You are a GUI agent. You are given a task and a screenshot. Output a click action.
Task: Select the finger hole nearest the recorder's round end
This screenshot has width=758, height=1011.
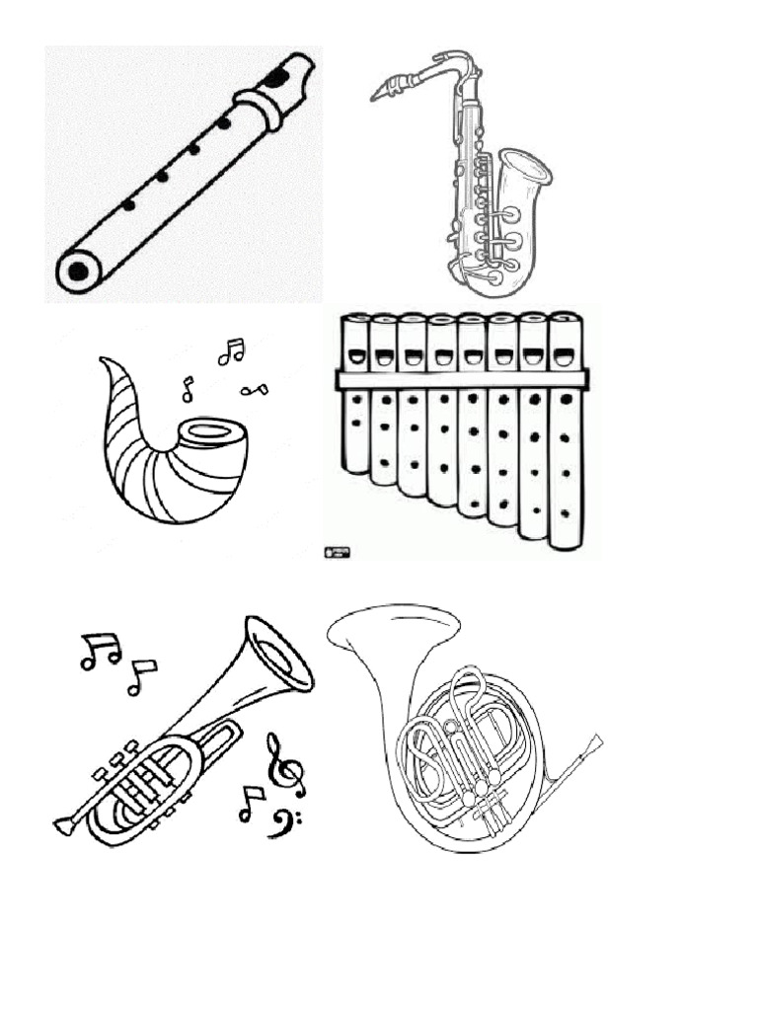tap(128, 205)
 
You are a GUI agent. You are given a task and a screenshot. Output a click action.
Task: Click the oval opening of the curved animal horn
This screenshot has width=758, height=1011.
tap(209, 431)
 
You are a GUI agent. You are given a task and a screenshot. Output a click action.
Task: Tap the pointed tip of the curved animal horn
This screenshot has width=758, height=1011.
tap(103, 360)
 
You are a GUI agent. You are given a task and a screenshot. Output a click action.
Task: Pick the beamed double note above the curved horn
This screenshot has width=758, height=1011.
tap(231, 350)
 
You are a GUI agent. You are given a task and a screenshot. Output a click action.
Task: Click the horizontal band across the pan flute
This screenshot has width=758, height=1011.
tap(461, 379)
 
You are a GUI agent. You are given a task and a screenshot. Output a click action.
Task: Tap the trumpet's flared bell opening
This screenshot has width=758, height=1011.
tap(279, 653)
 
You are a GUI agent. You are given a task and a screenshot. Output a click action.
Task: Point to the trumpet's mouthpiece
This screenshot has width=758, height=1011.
tap(63, 825)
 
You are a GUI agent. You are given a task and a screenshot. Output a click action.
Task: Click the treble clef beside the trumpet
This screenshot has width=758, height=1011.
tap(282, 766)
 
